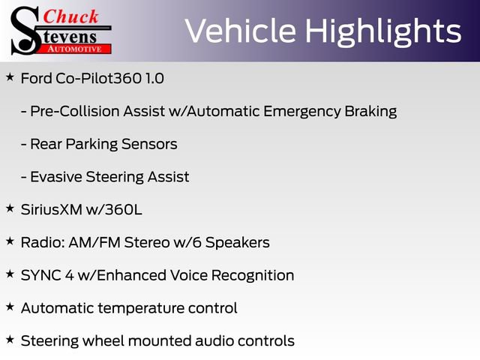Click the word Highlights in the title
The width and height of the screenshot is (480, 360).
pyautogui.click(x=382, y=31)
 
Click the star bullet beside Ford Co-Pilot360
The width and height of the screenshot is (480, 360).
pyautogui.click(x=10, y=77)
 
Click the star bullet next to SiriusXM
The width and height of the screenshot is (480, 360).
pyautogui.click(x=10, y=208)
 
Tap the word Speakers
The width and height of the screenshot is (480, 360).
pyautogui.click(x=237, y=242)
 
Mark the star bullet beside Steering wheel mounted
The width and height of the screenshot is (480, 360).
pyautogui.click(x=10, y=340)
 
